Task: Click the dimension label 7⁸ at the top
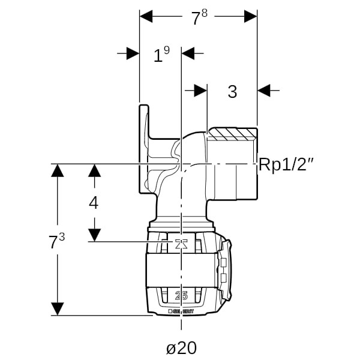click(x=199, y=18)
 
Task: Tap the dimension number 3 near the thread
click(x=232, y=92)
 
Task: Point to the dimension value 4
click(x=93, y=203)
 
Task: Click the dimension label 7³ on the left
click(x=56, y=242)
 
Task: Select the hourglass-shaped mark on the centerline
click(x=181, y=244)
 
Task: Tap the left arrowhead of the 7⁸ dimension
click(x=146, y=16)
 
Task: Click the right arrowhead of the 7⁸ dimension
click(x=251, y=16)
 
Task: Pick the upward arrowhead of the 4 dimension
click(x=94, y=170)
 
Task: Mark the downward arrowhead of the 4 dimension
click(x=94, y=235)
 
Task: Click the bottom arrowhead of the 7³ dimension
click(x=57, y=309)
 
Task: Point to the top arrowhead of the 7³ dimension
click(x=57, y=170)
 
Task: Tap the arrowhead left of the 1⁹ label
click(x=133, y=53)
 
